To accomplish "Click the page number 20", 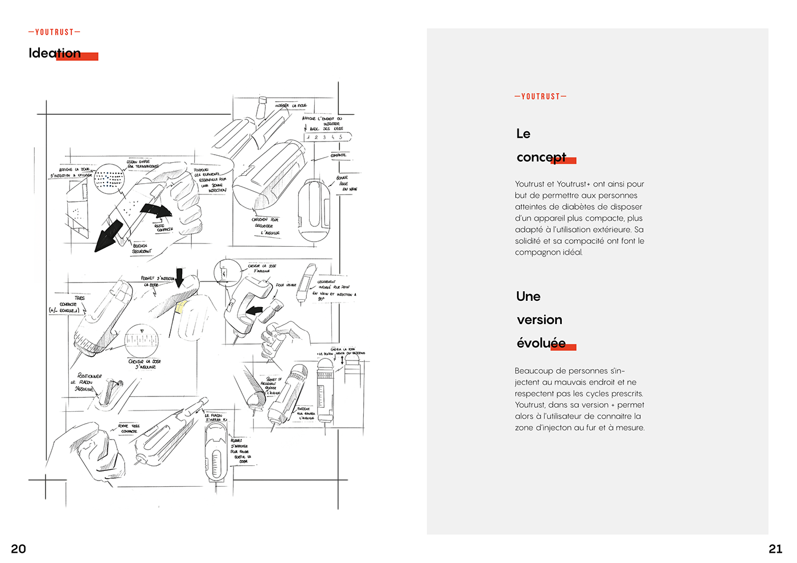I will [18, 549].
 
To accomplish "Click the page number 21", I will [775, 549].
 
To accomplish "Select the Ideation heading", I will [55, 53].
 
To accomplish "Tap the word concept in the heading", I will [541, 157].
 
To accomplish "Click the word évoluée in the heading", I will [541, 343].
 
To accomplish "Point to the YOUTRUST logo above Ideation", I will [54, 32].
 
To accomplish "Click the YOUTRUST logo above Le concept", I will [540, 97].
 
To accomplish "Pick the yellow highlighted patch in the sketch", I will [182, 308].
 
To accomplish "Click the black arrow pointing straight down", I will [180, 278].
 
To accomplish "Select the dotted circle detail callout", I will [109, 179].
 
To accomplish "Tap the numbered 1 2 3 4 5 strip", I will [327, 137].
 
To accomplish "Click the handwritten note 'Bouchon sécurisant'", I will [141, 249].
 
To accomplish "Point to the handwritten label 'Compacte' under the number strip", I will [338, 155].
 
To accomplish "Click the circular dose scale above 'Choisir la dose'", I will [142, 341].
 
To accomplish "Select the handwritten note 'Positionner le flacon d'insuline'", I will [88, 382].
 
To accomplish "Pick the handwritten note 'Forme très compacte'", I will [129, 428].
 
